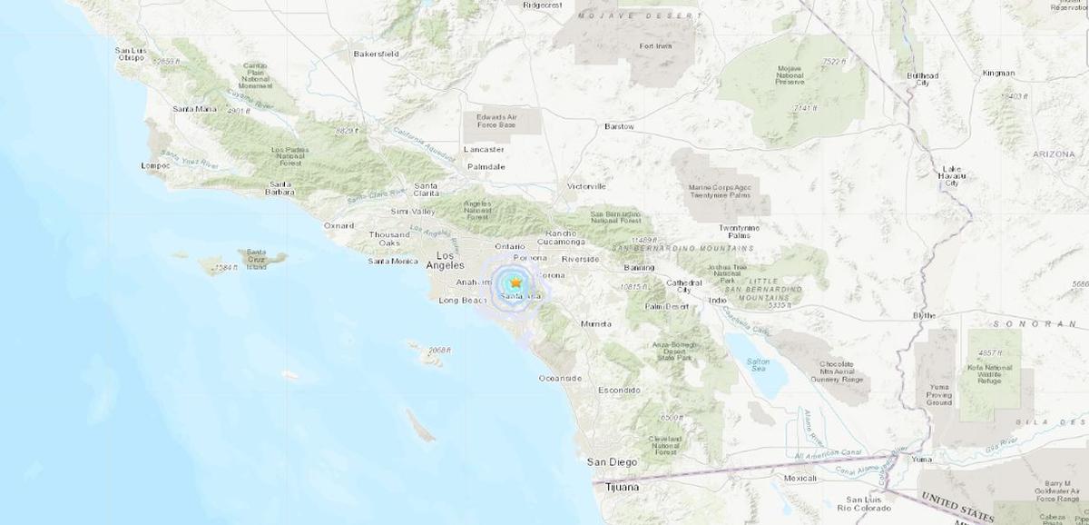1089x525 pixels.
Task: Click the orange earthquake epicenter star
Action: tap(515, 282)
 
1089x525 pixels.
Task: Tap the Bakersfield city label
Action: tap(376, 54)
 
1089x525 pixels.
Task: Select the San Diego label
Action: tap(607, 462)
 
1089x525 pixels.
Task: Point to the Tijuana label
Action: tap(622, 488)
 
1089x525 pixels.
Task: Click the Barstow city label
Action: tap(619, 126)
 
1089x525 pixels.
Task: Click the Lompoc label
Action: tap(156, 166)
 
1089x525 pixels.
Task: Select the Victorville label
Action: tap(586, 186)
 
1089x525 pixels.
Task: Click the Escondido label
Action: tap(618, 390)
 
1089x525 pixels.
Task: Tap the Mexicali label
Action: tap(800, 477)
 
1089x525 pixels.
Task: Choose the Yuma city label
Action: tap(922, 460)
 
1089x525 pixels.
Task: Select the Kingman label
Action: tap(1000, 73)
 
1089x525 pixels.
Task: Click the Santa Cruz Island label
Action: tap(256, 260)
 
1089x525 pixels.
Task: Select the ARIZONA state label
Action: tap(1053, 154)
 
